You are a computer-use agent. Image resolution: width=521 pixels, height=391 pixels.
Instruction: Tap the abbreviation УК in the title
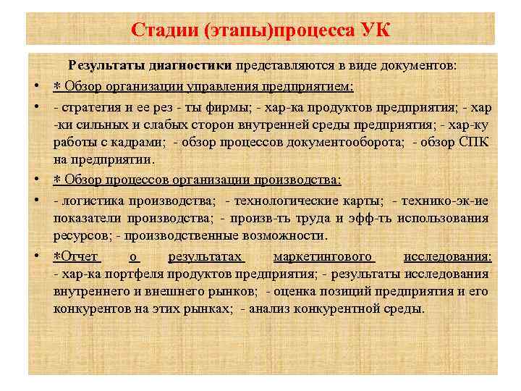[373, 30]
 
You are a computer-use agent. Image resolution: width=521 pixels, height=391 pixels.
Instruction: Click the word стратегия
[89, 108]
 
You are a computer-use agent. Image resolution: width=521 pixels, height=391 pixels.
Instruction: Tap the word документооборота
[347, 143]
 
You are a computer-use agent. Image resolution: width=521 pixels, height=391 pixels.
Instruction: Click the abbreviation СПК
[473, 143]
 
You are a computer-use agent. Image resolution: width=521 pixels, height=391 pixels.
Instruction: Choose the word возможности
[289, 236]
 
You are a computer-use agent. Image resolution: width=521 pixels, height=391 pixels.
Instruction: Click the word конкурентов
[90, 308]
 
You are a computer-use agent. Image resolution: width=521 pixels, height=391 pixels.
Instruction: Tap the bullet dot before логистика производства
[35, 201]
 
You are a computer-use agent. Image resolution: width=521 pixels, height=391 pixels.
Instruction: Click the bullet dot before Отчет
[35, 256]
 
